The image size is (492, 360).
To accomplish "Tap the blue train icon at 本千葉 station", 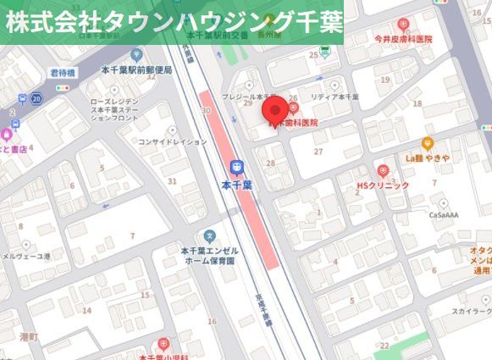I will point(237,167).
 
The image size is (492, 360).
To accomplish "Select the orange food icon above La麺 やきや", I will point(427,144).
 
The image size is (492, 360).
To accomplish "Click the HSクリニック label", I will point(383,185).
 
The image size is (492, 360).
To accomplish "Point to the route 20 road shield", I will point(36,99).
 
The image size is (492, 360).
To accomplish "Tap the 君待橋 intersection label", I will point(63,74).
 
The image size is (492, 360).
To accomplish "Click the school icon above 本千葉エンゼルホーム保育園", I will point(210,235).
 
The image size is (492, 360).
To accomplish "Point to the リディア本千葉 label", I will point(334,97).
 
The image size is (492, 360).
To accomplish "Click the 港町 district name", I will point(29,336).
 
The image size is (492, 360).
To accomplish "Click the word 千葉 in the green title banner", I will point(308,22).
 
